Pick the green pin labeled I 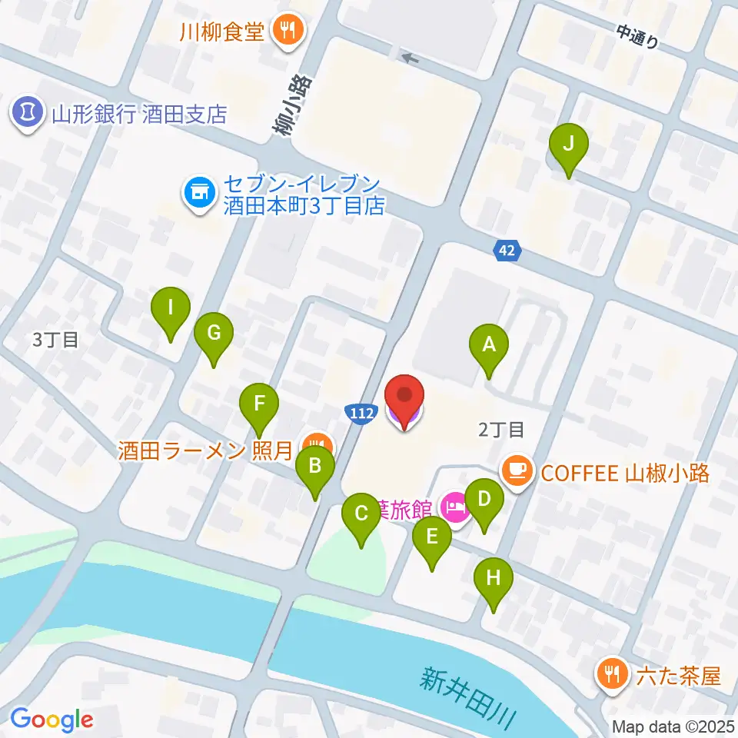tap(170, 311)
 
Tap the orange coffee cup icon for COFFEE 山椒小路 tap(518, 470)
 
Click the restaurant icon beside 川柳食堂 tap(290, 31)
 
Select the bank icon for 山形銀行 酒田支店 tap(28, 113)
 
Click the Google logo tap(52, 719)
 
